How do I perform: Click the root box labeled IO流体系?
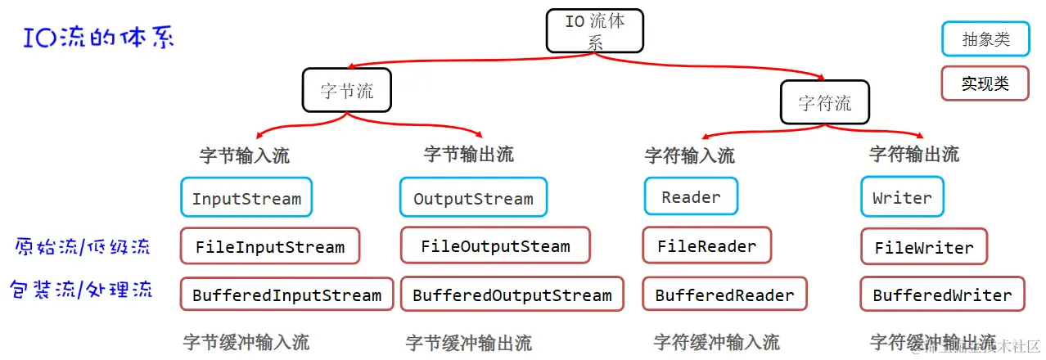(594, 31)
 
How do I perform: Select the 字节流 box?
(347, 90)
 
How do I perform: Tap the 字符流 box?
(824, 102)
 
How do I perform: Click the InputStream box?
(246, 198)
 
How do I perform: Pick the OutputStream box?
(473, 198)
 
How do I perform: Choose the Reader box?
(691, 197)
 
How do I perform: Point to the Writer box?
(902, 198)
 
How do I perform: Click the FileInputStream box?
(270, 246)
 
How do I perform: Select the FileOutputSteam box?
(495, 246)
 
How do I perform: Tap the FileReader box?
(706, 245)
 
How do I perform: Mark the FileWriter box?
(924, 247)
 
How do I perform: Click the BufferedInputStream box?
(286, 295)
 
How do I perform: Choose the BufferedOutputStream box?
(512, 295)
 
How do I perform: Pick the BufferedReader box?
(724, 295)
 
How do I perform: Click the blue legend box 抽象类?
(985, 38)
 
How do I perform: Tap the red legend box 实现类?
(985, 83)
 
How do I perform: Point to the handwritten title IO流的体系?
(98, 38)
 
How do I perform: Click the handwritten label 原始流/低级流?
(83, 245)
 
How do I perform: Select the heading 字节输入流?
(244, 155)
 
